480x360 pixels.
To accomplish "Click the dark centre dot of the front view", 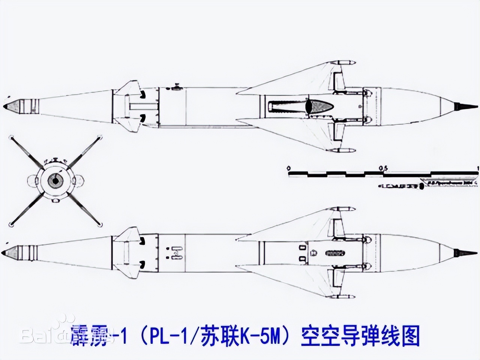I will coord(56,181).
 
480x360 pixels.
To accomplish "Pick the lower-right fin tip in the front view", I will coord(100,225).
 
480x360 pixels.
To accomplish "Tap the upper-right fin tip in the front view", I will coord(100,138).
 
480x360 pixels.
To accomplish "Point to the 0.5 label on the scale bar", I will coord(383,167).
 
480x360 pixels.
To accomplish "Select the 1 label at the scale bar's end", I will coord(477,167).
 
